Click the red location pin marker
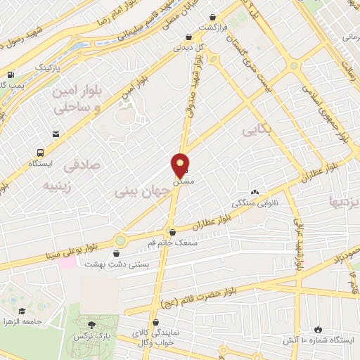pyautogui.click(x=181, y=165)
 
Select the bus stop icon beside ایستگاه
pyautogui.click(x=40, y=152)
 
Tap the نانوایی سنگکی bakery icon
pyautogui.click(x=255, y=192)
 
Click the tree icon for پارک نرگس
pyautogui.click(x=91, y=323)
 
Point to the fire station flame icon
pyautogui.click(x=317, y=328)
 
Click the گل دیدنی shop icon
pyautogui.click(x=188, y=37)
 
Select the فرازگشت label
pyautogui.click(x=214, y=27)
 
